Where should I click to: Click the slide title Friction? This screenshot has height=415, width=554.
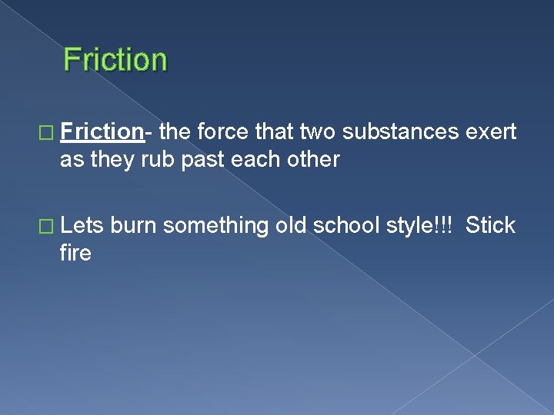(115, 60)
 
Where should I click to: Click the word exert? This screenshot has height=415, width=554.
(491, 132)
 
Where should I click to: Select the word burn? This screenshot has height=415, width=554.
(134, 225)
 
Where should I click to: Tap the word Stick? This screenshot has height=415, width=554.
(490, 225)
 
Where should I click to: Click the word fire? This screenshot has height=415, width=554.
(75, 253)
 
